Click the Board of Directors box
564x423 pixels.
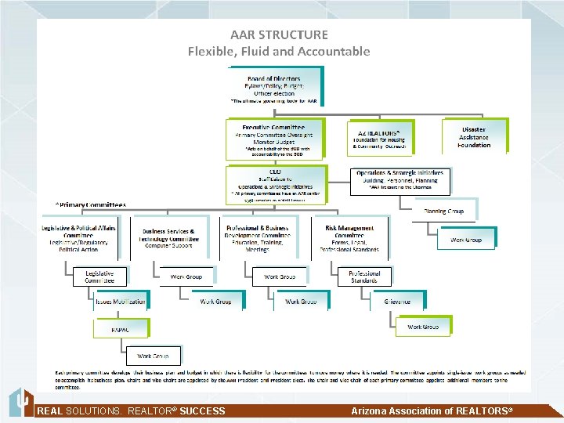coord(273,88)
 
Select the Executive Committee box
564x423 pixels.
coord(272,139)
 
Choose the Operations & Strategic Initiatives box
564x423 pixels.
coord(399,181)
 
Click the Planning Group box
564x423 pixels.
coord(443,211)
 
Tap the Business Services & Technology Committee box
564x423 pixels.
coord(170,237)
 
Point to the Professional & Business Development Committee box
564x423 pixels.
coord(257,237)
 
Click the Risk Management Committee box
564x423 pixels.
coord(349,237)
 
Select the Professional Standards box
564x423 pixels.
coord(364,277)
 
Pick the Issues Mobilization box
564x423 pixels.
coord(120,302)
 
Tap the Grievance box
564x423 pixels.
coord(398,302)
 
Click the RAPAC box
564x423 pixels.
coord(119,329)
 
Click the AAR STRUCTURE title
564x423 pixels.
coord(279,34)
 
